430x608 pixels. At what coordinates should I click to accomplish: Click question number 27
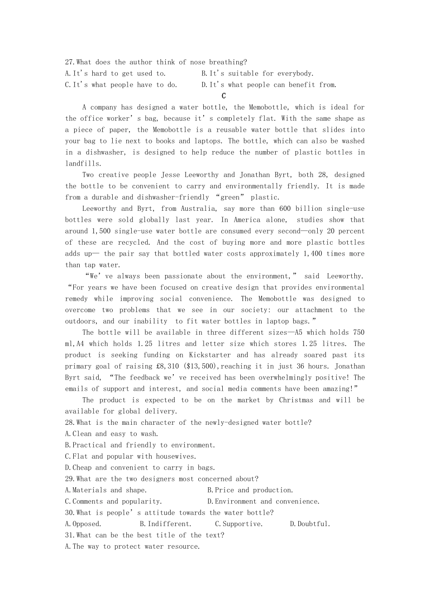[70, 62]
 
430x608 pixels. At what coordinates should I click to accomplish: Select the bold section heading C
[224, 96]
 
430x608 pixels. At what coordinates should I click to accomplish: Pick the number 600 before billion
[285, 209]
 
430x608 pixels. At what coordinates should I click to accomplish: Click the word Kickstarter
[210, 355]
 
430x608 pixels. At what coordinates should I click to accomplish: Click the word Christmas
[296, 400]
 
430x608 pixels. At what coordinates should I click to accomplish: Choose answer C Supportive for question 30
[239, 524]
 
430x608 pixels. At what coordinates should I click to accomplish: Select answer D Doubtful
[310, 524]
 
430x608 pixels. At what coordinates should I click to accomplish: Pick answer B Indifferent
[166, 524]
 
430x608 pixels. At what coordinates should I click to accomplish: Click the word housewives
[176, 456]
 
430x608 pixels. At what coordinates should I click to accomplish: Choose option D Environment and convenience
[263, 501]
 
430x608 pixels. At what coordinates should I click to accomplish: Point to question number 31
[70, 535]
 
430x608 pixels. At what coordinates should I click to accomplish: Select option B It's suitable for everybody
[258, 73]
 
